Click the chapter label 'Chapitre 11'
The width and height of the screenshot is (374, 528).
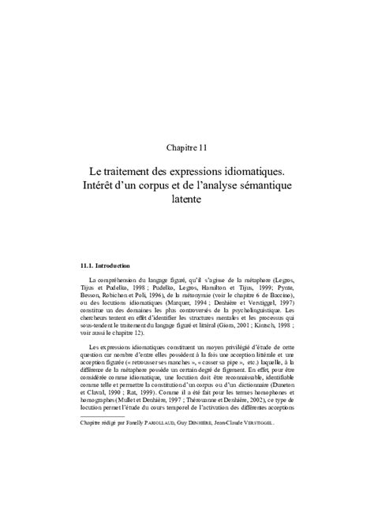pyautogui.click(x=187, y=147)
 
